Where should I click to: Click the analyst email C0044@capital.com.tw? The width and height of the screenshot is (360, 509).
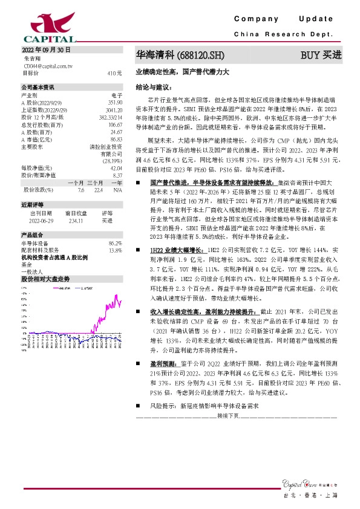coord(47,65)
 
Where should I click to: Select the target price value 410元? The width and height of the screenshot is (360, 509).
coord(115,73)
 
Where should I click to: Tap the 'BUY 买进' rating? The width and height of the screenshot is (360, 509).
coord(321,55)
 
